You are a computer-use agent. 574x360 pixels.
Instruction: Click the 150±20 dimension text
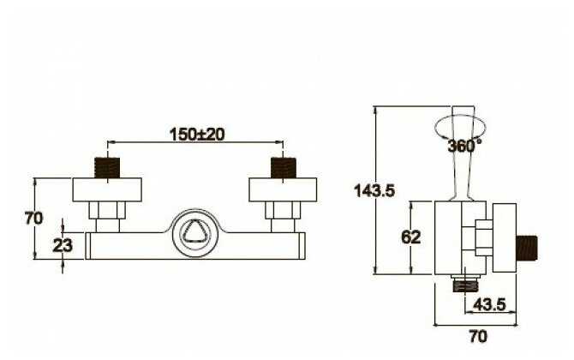197,135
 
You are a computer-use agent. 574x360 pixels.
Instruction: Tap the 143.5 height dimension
374,191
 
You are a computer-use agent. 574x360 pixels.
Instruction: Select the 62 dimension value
410,237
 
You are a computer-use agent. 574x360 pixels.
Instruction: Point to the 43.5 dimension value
489,304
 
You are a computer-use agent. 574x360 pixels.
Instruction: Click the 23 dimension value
63,245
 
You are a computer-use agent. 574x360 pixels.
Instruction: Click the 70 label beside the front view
33,219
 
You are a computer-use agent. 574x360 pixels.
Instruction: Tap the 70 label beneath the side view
478,337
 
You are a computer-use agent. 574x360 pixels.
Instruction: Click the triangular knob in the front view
195,232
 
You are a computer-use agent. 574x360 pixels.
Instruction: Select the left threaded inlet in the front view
107,168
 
